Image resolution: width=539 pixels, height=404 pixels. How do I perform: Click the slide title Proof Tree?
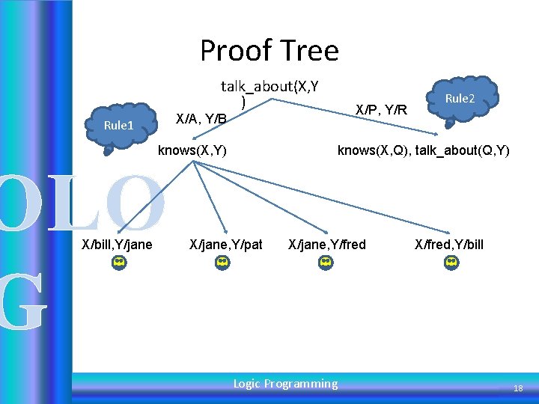(x=269, y=51)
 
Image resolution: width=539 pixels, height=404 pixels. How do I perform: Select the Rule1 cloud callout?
(x=118, y=125)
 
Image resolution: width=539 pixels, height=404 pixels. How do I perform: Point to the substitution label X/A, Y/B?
(x=200, y=118)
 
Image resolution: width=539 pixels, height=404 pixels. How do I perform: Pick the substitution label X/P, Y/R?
(x=381, y=110)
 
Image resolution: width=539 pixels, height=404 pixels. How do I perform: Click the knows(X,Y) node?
(x=192, y=150)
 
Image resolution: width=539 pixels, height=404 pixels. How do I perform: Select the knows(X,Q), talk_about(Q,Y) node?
(x=423, y=150)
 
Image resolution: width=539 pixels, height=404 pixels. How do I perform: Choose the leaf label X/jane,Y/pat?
(x=226, y=244)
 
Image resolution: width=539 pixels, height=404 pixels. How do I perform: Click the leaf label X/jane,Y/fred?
(x=327, y=244)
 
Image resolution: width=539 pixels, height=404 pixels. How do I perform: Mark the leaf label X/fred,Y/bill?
(x=449, y=244)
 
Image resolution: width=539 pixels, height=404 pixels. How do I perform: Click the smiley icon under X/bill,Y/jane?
(x=118, y=263)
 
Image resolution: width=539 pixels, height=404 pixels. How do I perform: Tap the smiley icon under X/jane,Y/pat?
(x=222, y=263)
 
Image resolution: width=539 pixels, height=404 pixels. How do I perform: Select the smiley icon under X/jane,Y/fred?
(x=325, y=263)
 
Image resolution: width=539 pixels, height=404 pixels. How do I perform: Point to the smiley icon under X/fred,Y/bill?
(x=451, y=263)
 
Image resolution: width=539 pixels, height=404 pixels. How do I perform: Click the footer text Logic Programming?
(x=285, y=384)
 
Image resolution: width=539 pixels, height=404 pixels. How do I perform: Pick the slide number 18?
(x=517, y=388)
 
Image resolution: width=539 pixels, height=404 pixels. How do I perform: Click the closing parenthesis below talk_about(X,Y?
(x=243, y=102)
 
